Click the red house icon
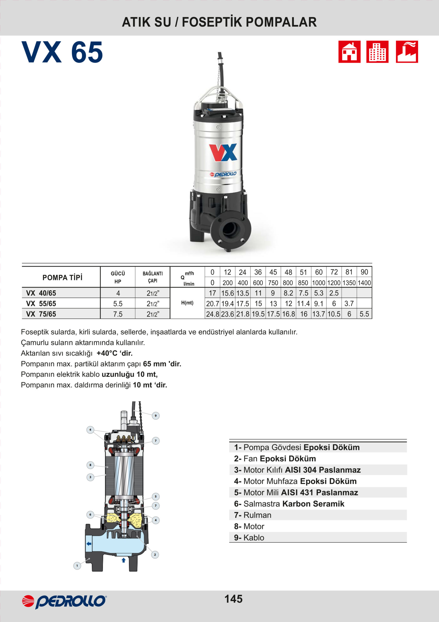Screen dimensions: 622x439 [x=349, y=52]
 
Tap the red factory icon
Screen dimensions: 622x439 [x=406, y=52]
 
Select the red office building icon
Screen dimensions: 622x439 [x=377, y=52]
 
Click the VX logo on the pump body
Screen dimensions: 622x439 [x=223, y=152]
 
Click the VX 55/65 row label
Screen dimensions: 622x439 [x=41, y=303]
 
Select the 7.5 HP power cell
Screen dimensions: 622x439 [x=118, y=314]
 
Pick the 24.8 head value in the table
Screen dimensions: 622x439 [x=213, y=314]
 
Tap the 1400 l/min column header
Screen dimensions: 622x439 [x=364, y=283]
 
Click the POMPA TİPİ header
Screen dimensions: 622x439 [x=62, y=277]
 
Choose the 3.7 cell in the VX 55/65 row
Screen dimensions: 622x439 [x=349, y=303]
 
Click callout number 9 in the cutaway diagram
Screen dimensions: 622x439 [x=155, y=415]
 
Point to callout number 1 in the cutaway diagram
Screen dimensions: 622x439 [x=77, y=566]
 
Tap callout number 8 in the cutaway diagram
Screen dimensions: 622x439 [x=90, y=465]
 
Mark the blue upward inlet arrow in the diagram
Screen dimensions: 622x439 [x=124, y=560]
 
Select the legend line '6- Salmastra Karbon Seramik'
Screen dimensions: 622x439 [x=289, y=504]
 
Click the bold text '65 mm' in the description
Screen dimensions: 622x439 [x=154, y=364]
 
